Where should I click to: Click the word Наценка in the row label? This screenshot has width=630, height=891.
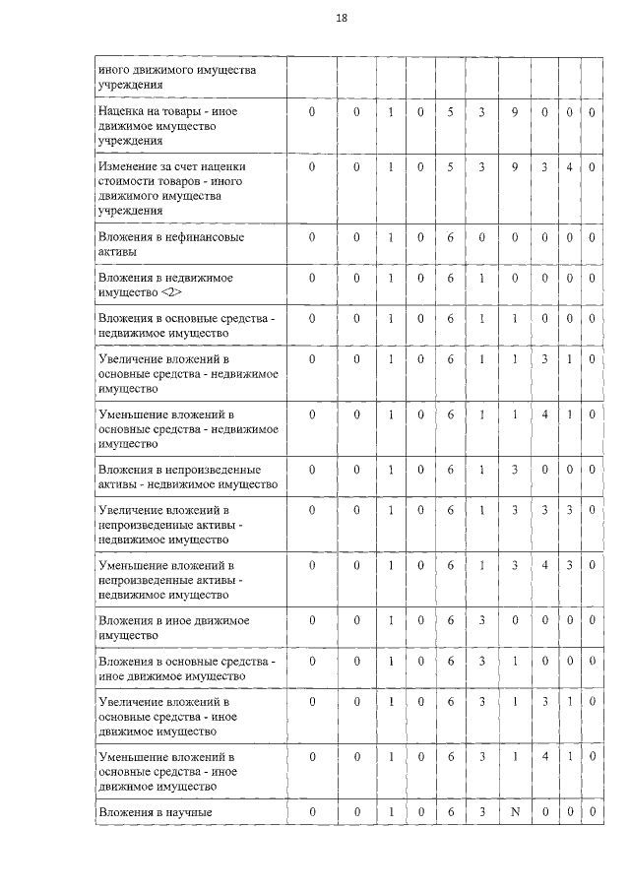(x=122, y=112)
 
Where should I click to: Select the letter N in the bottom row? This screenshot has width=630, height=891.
(x=514, y=812)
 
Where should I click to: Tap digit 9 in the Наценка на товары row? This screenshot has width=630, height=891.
(x=514, y=112)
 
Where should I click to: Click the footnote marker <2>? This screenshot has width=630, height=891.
(x=170, y=292)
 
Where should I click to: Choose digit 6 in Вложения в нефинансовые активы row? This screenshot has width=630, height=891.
(x=451, y=237)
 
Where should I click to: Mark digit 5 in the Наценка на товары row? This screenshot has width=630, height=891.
(x=451, y=112)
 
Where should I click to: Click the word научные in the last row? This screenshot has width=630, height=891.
(x=190, y=812)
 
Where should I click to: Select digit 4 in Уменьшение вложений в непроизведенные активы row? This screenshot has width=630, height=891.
(x=544, y=566)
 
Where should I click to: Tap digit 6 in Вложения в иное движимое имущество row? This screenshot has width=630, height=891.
(x=451, y=621)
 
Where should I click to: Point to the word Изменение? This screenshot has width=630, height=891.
(x=129, y=167)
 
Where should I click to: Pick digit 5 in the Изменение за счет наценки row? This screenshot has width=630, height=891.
(x=451, y=167)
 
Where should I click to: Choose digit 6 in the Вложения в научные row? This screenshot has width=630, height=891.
(x=451, y=812)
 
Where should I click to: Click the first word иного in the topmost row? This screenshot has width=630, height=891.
(x=114, y=69)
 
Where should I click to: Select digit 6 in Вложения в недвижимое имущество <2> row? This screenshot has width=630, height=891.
(x=451, y=279)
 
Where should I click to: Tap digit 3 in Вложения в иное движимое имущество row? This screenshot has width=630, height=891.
(x=482, y=621)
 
